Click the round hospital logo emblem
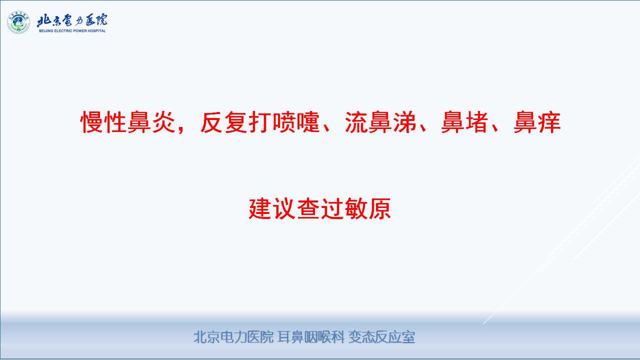click(18, 22)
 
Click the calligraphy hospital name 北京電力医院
click(72, 20)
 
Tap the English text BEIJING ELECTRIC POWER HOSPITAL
click(72, 31)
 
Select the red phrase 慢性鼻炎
click(128, 122)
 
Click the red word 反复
click(224, 122)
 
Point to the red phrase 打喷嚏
click(284, 122)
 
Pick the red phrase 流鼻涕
click(380, 122)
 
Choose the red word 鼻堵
click(464, 122)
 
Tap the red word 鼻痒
click(537, 122)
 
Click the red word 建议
click(272, 209)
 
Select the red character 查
click(308, 209)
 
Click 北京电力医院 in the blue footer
click(233, 337)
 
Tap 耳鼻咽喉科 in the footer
click(311, 337)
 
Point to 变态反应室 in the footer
click(381, 337)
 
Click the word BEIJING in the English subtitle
click(45, 31)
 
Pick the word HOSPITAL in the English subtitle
click(97, 31)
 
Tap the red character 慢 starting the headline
click(92, 122)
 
